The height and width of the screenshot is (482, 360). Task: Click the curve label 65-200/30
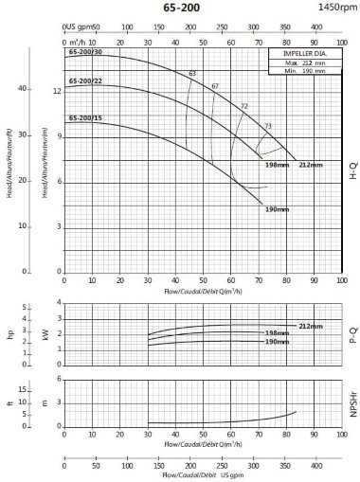(85, 56)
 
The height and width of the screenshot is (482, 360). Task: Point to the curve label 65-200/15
(85, 117)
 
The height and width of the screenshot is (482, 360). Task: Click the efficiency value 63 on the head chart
(192, 74)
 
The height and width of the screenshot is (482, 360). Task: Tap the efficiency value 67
(215, 86)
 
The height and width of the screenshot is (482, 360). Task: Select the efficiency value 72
(243, 106)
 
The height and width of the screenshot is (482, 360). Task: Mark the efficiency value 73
(268, 126)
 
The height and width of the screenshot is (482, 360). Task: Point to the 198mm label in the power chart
(278, 333)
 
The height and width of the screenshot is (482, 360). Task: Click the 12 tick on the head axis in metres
(57, 91)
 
